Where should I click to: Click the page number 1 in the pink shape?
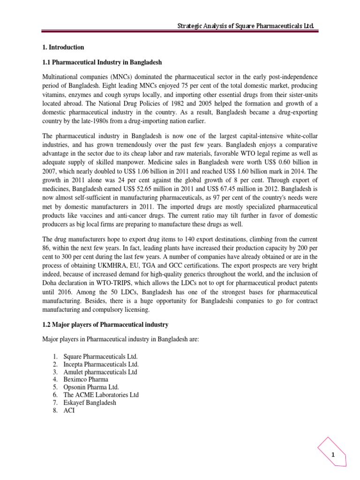[332, 455]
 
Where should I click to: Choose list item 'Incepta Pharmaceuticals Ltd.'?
[104, 364]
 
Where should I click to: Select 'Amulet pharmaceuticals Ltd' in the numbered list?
[104, 372]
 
